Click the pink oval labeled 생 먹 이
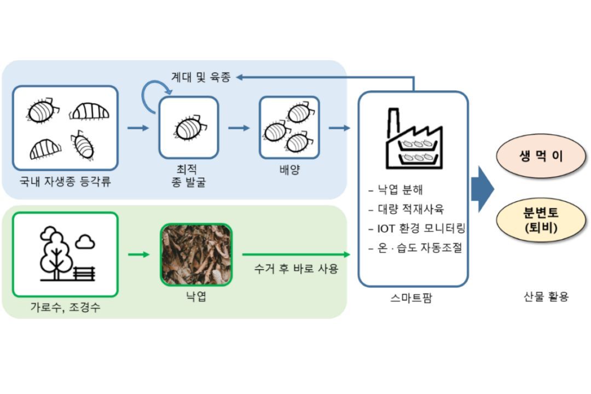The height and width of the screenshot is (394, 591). (534, 157)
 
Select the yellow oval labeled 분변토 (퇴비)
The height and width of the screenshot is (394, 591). (534, 220)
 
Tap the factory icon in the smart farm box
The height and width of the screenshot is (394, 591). (413, 139)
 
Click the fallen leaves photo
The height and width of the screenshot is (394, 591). (196, 254)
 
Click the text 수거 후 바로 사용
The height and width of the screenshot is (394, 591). (296, 269)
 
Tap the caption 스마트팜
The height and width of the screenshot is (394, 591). (413, 299)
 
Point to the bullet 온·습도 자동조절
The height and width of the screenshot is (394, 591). (416, 247)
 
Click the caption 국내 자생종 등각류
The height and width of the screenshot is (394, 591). (65, 182)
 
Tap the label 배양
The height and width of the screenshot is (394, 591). (289, 170)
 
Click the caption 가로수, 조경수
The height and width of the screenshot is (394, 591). (65, 308)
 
